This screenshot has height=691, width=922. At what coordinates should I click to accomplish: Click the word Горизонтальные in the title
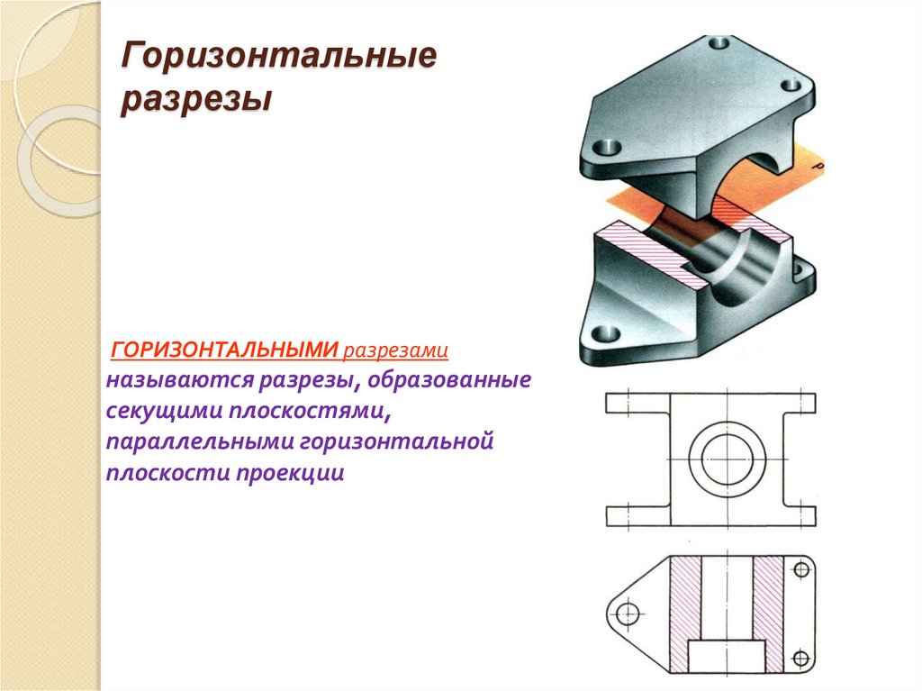pos(279,59)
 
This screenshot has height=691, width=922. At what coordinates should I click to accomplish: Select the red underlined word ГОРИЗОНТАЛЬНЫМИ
pos(224,349)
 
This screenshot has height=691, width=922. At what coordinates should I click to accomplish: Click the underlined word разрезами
pos(396,349)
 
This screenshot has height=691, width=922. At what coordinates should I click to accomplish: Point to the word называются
pos(181,380)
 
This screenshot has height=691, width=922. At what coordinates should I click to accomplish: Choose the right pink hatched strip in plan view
pos(768,614)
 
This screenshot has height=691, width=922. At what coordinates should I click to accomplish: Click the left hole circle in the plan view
pos(628,614)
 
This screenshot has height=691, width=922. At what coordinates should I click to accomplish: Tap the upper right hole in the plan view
pos(800,570)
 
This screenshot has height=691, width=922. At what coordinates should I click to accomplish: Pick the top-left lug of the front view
pos(636,403)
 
